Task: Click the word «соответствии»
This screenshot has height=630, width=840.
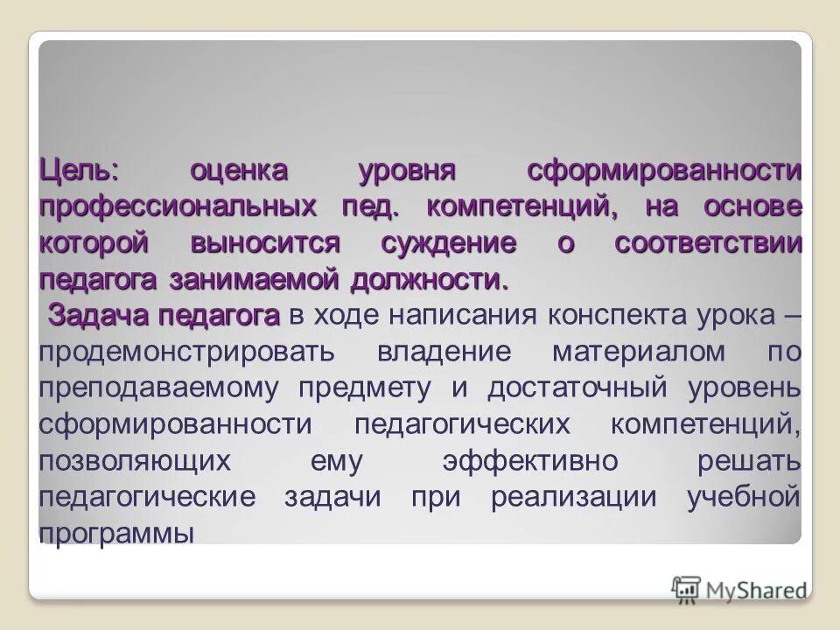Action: (707, 244)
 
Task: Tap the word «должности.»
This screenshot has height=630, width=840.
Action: (429, 282)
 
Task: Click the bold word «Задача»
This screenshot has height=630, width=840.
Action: (99, 315)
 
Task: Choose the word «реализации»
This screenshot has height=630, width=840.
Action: (586, 497)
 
